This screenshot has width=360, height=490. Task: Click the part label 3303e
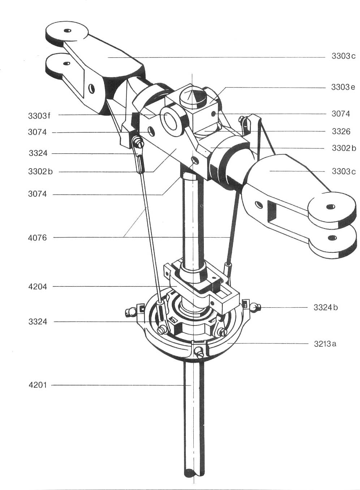(343, 87)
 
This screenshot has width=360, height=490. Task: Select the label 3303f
(39, 116)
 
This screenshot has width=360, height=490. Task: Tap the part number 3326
(341, 132)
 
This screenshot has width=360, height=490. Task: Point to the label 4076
(37, 238)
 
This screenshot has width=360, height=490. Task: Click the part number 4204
(38, 287)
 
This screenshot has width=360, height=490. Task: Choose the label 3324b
(326, 308)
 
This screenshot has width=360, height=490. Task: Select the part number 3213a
(325, 344)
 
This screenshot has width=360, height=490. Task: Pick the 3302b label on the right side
(344, 148)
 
